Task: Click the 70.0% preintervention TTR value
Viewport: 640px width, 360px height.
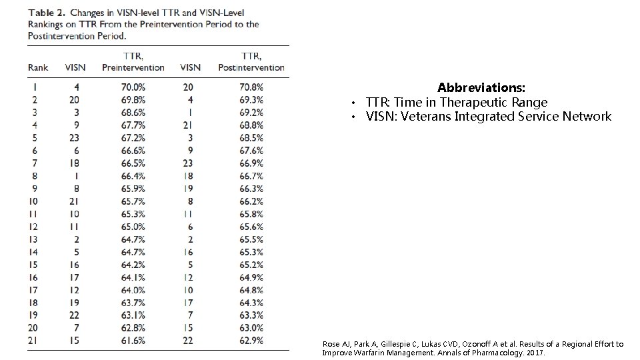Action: pos(133,87)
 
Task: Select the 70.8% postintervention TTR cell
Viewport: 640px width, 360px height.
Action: pos(251,87)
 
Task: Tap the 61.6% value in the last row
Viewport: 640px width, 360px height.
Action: pos(133,340)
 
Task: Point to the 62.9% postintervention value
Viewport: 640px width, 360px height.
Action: pos(251,340)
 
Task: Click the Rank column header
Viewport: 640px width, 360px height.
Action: pos(38,67)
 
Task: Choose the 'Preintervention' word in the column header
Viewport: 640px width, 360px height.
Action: pos(133,67)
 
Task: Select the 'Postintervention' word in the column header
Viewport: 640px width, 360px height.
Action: pos(251,67)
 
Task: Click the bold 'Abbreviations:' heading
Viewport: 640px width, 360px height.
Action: pos(481,88)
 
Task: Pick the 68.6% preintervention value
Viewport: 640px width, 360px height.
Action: pos(133,112)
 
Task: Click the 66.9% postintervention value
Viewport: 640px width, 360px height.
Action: pos(251,163)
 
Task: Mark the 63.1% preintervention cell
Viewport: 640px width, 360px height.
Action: pos(133,315)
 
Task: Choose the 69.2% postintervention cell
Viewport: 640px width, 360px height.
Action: pos(251,112)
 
